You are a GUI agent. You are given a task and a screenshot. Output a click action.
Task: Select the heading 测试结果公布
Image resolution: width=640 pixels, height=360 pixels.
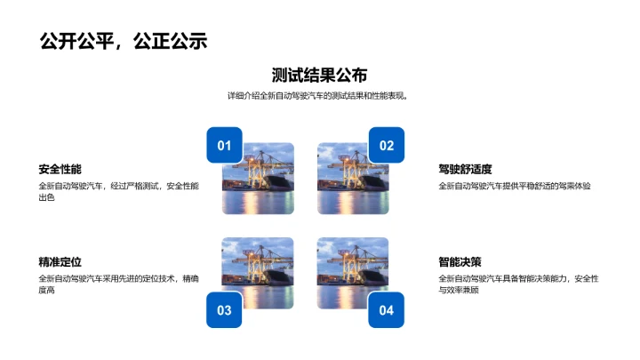319,76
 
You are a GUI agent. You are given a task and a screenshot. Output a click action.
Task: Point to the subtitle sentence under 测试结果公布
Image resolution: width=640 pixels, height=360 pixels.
319,96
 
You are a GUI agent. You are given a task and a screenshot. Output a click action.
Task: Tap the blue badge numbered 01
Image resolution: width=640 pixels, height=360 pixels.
224,146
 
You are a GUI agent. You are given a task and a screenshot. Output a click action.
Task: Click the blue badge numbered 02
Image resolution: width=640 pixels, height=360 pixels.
387,146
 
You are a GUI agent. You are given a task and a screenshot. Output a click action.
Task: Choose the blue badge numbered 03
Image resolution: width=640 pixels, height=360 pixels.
224,310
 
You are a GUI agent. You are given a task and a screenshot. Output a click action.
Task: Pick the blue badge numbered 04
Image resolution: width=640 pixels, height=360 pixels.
387,310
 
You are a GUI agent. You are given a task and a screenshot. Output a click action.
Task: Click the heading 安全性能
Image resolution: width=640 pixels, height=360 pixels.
60,169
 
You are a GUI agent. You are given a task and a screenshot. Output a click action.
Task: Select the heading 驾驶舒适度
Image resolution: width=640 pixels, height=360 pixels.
465,169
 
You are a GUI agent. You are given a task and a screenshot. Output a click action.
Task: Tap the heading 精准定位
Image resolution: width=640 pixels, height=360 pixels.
60,262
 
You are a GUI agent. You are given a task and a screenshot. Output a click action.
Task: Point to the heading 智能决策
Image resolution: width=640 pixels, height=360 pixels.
460,262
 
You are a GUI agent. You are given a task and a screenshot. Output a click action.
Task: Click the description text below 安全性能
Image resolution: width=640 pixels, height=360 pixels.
118,192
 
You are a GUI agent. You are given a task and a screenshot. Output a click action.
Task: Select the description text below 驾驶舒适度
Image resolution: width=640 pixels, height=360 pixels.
514,186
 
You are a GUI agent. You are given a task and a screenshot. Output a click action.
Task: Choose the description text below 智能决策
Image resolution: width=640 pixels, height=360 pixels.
517,284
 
